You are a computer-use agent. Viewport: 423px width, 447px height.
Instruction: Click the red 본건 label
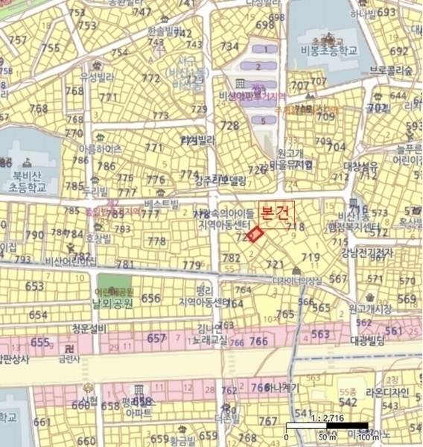(276, 212)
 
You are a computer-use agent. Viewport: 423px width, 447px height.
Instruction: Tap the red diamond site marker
(255, 235)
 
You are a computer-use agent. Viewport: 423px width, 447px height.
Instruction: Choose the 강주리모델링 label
(219, 180)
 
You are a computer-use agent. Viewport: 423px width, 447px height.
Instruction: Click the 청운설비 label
(90, 329)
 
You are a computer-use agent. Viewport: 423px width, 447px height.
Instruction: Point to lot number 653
(35, 287)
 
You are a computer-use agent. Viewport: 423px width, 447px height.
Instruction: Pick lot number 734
(230, 46)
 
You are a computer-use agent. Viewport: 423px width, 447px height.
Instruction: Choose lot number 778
(156, 241)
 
